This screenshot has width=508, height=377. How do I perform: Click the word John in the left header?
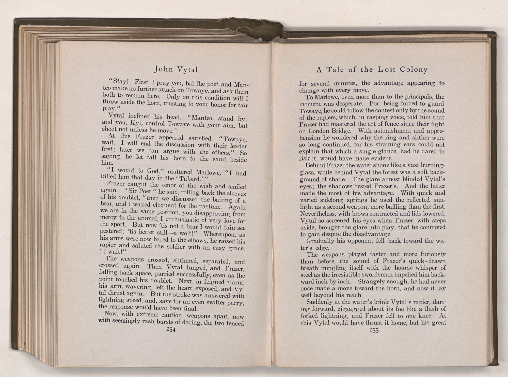(x=162, y=69)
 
